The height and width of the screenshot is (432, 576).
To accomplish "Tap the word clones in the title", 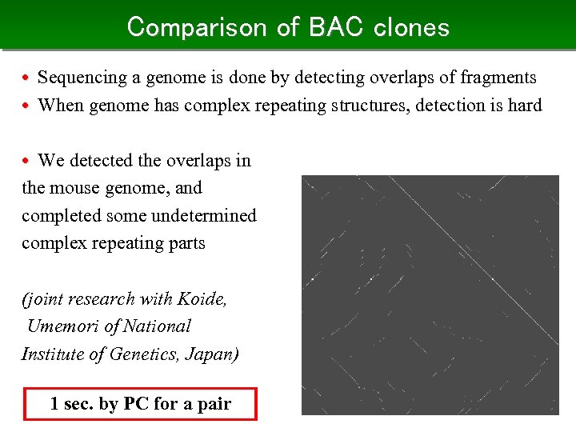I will click(x=410, y=27).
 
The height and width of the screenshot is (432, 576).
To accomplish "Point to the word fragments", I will click(x=500, y=78).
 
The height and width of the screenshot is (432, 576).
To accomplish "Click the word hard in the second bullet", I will click(x=525, y=105).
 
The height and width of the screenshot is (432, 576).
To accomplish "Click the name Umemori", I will click(x=63, y=326).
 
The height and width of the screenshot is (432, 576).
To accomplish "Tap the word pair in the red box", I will click(x=214, y=404).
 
